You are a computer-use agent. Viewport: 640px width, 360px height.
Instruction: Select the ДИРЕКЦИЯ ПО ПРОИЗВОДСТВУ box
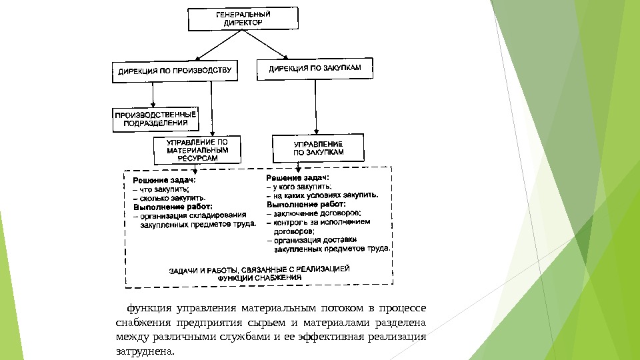tap(175, 70)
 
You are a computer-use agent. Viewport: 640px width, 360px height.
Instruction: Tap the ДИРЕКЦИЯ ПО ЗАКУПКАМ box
tap(314, 68)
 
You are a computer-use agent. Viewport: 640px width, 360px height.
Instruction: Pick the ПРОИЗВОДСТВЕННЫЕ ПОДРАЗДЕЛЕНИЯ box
tap(155, 119)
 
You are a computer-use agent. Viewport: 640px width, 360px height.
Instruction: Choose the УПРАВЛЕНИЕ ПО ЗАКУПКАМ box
tap(319, 148)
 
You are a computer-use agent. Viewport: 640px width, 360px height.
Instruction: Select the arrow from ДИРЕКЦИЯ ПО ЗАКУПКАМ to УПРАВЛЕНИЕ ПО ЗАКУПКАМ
tap(314, 107)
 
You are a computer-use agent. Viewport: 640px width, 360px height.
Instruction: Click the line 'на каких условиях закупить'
tap(323, 196)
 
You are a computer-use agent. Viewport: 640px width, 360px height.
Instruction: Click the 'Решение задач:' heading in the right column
tap(297, 178)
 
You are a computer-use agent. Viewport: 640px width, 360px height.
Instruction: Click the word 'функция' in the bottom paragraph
tap(147, 309)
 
